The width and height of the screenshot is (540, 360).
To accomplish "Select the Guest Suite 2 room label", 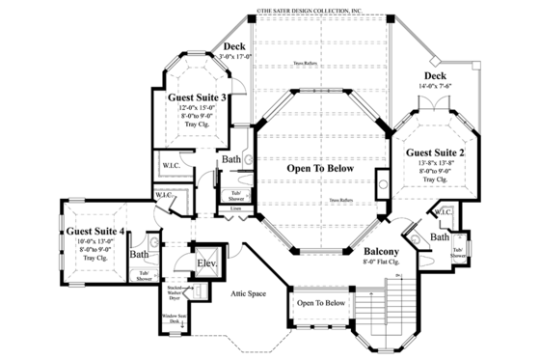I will pyautogui.click(x=435, y=153).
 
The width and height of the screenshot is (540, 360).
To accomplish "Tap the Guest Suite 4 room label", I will pyautogui.click(x=94, y=232).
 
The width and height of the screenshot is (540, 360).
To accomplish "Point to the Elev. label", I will pyautogui.click(x=206, y=263).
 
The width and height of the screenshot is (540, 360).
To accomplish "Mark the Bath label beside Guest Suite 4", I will pyautogui.click(x=140, y=255).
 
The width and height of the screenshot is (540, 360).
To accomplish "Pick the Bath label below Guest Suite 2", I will pyautogui.click(x=440, y=236).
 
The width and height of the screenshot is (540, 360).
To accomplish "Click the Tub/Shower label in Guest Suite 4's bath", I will pyautogui.click(x=145, y=274).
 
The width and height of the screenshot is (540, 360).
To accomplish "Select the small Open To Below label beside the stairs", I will pyautogui.click(x=320, y=302).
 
